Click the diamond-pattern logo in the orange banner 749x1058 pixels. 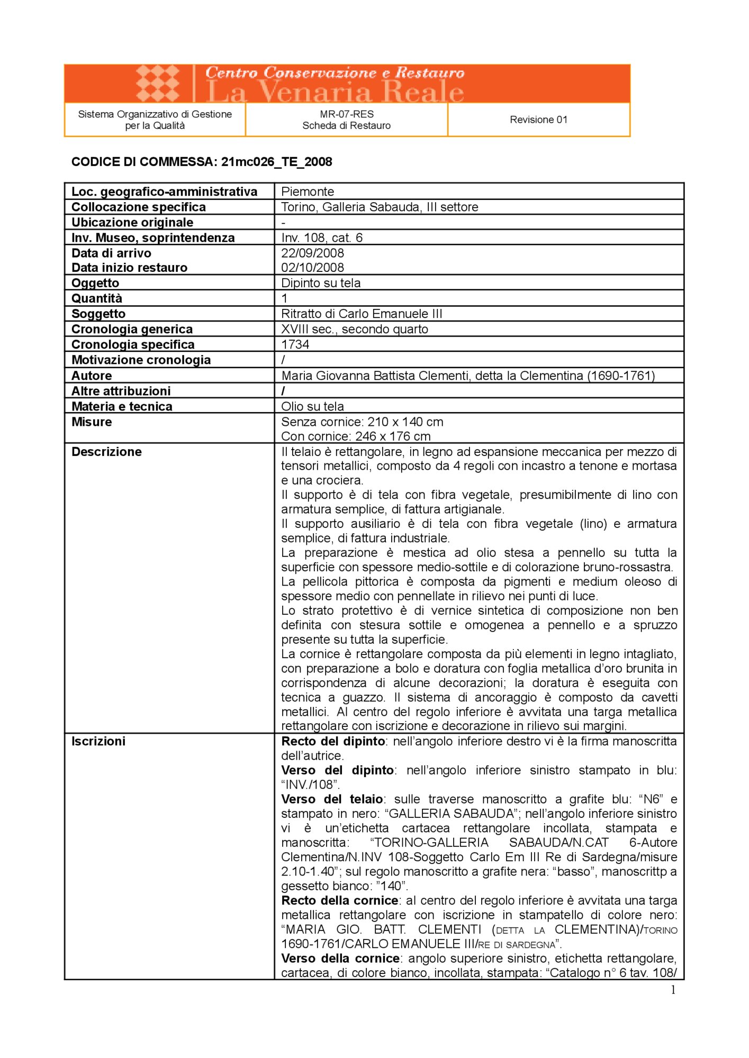[158, 84]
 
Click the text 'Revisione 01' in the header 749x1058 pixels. [538, 120]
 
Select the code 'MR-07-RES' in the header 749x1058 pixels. [347, 114]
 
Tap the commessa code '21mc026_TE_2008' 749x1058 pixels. [277, 162]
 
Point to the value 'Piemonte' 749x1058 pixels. [308, 191]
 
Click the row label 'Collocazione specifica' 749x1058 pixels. [139, 207]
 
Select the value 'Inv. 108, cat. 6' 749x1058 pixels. [322, 238]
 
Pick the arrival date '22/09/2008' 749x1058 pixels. [312, 253]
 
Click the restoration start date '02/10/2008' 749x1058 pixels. [312, 268]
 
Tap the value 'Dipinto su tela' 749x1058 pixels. [321, 283]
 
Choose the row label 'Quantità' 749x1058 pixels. [97, 298]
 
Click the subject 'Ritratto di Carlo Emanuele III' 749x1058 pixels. [362, 314]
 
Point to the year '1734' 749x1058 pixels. [295, 344]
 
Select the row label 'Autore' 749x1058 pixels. [92, 376]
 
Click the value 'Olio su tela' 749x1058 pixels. [312, 406]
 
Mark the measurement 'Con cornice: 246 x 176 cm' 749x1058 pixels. [356, 436]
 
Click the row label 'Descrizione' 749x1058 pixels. [106, 452]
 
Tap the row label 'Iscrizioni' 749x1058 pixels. [98, 741]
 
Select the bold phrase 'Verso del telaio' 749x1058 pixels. [332, 799]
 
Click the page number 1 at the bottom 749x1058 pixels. [673, 990]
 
